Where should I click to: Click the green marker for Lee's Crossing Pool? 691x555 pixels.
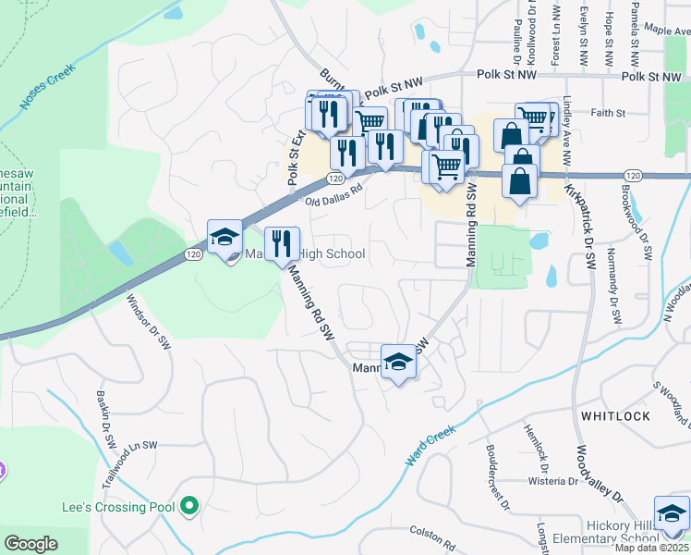point(189,506)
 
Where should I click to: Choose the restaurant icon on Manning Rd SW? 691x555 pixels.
point(283,243)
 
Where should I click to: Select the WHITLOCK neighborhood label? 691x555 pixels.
point(615,416)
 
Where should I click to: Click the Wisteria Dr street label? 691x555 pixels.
point(552,482)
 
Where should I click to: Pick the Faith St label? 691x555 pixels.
point(607,113)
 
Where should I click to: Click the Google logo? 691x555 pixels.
point(31,544)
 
